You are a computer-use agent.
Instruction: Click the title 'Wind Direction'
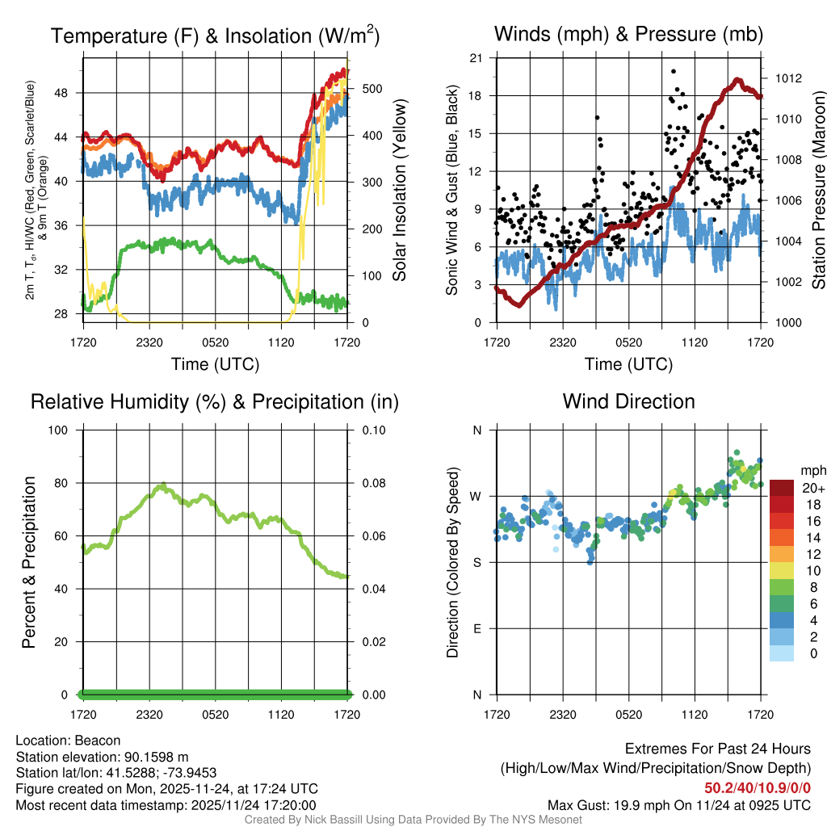628,401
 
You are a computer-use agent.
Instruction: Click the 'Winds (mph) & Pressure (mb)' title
628,35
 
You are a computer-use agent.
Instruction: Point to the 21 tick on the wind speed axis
476,57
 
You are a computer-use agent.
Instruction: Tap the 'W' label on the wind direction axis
476,496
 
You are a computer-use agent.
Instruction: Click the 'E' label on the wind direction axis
477,628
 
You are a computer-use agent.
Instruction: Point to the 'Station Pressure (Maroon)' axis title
817,191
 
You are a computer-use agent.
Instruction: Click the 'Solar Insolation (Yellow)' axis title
399,191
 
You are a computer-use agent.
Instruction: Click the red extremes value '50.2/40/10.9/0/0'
758,787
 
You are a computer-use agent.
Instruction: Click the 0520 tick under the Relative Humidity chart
216,715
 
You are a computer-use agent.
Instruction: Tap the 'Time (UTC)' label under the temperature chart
216,365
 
